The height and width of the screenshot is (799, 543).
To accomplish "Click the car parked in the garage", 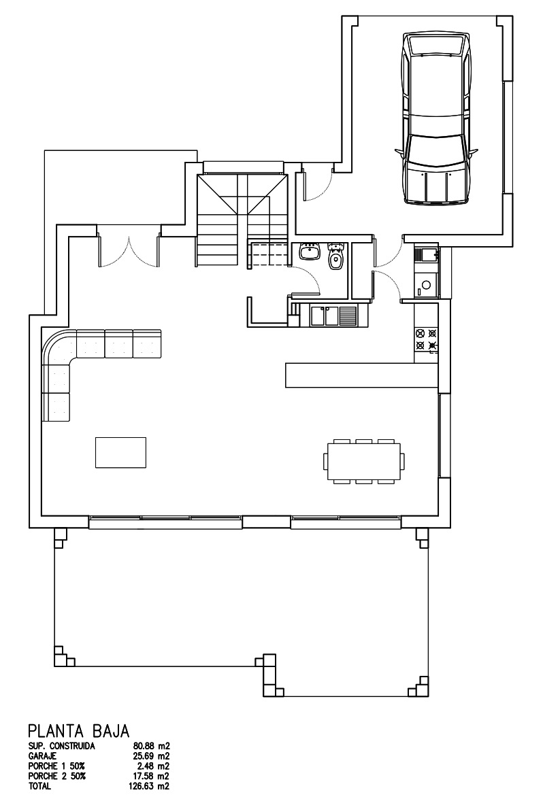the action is point(436,118).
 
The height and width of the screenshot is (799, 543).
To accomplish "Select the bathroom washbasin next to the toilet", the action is point(309,252).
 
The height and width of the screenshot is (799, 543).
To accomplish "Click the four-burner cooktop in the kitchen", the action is point(426,340).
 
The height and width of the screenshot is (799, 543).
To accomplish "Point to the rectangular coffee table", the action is point(121,452).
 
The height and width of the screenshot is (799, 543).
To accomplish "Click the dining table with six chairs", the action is point(364,461).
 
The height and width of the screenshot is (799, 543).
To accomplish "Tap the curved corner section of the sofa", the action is point(58,347).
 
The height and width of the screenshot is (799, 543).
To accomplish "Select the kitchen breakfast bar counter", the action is point(361,375).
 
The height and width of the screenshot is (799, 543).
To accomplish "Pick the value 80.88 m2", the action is point(150,747).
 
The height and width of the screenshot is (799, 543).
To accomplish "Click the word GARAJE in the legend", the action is point(42,756).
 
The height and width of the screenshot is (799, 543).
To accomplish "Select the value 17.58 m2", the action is point(150,776).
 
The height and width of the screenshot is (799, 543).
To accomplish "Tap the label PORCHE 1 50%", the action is point(57,766).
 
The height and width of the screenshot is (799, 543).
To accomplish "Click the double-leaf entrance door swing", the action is point(129,251).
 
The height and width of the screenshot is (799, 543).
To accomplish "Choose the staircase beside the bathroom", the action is point(243,220).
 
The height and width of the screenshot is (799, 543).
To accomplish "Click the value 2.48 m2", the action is point(152,766).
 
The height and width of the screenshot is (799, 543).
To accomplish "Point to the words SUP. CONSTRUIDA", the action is point(62,747).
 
